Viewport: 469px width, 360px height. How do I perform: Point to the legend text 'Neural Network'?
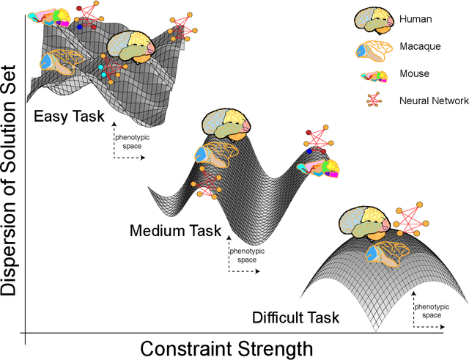(x=435, y=100)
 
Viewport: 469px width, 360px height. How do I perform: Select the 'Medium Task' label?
(x=175, y=230)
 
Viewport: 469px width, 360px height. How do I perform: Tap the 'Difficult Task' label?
(x=295, y=317)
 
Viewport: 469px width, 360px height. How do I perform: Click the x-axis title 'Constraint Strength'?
(x=226, y=348)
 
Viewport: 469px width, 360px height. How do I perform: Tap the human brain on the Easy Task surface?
(x=131, y=51)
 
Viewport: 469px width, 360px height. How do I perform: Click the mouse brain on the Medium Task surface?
(x=318, y=169)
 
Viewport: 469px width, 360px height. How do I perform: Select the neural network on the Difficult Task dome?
(x=411, y=218)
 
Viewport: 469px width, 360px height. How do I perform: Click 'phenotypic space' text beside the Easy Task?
(x=128, y=141)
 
